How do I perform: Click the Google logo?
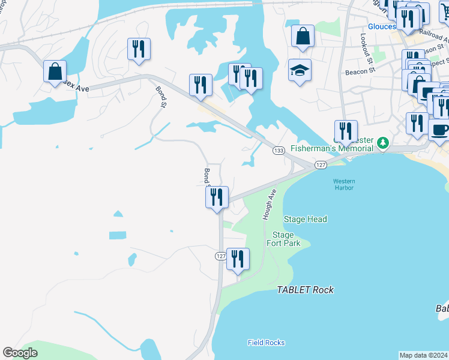point(20,353)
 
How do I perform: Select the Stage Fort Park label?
point(283,239)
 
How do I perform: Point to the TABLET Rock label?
point(305,290)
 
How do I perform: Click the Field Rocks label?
point(266,343)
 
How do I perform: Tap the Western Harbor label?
point(344,185)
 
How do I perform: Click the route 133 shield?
point(279,150)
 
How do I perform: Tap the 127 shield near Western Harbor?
point(321,164)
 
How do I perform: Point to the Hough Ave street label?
point(269,205)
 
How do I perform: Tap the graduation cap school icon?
point(300,71)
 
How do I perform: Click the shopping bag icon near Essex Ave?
point(55,72)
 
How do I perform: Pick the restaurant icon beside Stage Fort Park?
point(238,259)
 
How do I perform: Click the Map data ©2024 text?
point(423,355)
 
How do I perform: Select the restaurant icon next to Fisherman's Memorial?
point(346,131)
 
